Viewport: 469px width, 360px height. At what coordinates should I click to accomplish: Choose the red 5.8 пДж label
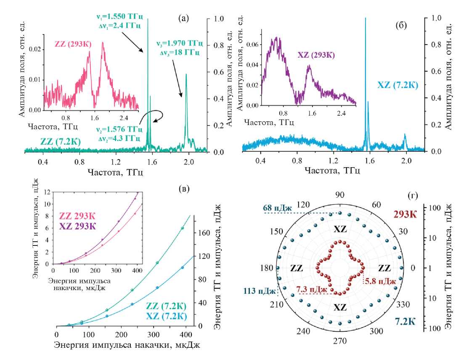pos(380,281)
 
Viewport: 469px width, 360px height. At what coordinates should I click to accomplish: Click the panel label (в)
pos(183,188)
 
